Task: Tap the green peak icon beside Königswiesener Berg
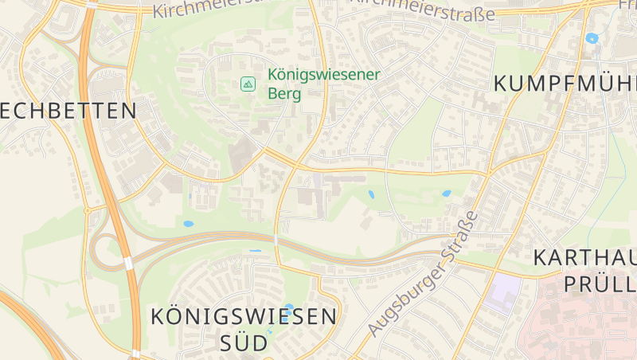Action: (x=248, y=83)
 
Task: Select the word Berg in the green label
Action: (x=285, y=94)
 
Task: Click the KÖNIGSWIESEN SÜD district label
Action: (x=244, y=329)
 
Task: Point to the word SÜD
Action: (x=244, y=343)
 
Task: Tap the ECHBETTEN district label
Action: (x=68, y=111)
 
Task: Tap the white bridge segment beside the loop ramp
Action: (x=128, y=262)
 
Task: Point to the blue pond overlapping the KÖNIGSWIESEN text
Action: (x=288, y=307)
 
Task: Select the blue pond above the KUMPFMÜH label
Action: (x=592, y=37)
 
